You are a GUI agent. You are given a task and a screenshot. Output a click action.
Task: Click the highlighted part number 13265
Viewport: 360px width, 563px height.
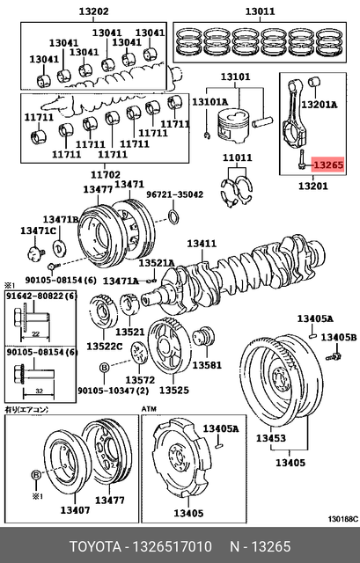328,165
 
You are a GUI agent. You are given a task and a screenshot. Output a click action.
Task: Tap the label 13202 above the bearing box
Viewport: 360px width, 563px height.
94,11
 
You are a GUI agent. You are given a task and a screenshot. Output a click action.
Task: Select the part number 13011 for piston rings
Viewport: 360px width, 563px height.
260,11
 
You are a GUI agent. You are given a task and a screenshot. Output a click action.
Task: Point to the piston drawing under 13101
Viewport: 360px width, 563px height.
233,126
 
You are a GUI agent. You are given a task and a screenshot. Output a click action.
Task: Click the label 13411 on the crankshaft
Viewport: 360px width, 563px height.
202,244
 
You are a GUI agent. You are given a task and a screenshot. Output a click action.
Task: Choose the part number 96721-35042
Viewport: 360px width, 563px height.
174,194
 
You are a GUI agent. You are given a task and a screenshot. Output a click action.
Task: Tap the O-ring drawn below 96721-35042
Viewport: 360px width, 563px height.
174,217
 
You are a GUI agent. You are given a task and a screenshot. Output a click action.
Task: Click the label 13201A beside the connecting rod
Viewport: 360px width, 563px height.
320,105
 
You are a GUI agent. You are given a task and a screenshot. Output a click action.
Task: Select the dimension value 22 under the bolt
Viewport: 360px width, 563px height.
35,334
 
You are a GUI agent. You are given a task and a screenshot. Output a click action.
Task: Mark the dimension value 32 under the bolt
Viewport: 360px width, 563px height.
39,391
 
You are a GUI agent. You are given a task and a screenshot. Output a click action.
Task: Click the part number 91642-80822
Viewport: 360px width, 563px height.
35,296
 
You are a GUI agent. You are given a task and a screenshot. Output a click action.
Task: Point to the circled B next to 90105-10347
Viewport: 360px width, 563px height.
104,368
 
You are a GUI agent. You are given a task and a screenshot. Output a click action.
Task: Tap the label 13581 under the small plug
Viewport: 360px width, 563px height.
207,365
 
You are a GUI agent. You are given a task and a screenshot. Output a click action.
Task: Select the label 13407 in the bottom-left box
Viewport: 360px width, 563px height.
75,509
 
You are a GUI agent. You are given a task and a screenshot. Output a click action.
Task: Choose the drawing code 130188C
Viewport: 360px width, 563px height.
342,519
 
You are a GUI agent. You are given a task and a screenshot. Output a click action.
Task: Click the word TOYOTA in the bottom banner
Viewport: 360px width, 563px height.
95,547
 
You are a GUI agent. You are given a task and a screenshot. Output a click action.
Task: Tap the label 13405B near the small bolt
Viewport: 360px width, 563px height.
339,337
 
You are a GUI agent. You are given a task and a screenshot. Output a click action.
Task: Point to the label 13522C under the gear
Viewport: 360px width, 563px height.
105,346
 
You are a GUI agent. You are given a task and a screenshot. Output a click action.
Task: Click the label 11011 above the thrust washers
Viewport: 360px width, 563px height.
238,157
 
